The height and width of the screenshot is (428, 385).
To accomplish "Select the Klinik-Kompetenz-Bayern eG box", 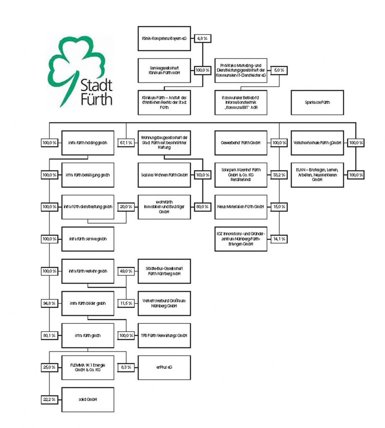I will [164, 38].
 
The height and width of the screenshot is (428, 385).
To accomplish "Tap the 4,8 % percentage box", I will [203, 38].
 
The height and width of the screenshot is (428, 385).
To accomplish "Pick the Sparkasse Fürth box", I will [317, 102].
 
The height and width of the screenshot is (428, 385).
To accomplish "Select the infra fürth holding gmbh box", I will [88, 143].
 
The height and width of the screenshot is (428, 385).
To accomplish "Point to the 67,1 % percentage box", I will [126, 143].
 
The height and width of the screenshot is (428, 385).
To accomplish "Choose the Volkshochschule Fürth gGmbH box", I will [317, 143].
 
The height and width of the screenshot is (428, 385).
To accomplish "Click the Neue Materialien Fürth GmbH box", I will [241, 207].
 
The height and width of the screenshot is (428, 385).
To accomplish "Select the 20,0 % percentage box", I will [126, 207].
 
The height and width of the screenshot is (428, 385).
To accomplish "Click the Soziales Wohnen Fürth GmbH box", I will [164, 174].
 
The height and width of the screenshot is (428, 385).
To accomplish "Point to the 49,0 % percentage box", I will [126, 271].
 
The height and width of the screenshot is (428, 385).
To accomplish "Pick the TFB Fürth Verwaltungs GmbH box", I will [164, 336].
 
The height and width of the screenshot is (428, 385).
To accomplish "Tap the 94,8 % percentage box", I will [49, 303].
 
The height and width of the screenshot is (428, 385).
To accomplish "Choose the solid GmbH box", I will [88, 400].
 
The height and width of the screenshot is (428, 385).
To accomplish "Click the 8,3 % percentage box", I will [126, 367].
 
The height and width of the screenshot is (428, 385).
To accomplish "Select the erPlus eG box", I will [164, 367].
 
